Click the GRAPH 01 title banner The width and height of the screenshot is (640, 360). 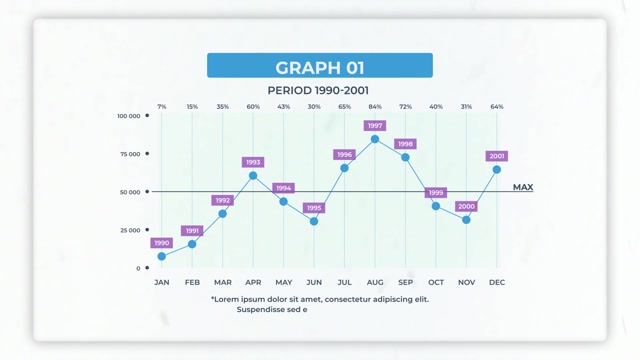(x=319, y=67)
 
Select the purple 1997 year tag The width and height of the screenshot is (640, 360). (x=375, y=126)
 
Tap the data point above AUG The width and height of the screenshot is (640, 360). (x=375, y=139)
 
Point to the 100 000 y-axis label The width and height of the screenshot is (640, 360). (x=128, y=116)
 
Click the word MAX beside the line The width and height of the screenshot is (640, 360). (x=522, y=187)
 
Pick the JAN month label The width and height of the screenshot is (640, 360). (x=162, y=282)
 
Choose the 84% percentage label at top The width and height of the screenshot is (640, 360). (x=375, y=106)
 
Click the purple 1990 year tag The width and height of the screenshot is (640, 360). (x=162, y=243)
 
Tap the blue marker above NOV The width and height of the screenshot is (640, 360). (x=466, y=219)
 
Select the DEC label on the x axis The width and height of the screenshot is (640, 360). (x=497, y=282)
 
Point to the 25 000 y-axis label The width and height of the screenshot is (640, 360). (x=130, y=230)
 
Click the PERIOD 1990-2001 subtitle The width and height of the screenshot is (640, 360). (x=319, y=90)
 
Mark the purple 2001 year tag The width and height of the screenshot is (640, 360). (x=497, y=156)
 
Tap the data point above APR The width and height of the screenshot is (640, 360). (x=253, y=175)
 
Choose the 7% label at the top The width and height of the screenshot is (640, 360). (x=162, y=106)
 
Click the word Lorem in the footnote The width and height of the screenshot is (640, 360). (x=227, y=298)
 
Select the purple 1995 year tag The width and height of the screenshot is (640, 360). (x=314, y=208)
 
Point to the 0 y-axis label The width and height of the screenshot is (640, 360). (x=139, y=268)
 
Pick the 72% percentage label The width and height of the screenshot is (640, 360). (x=405, y=106)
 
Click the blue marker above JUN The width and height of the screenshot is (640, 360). (x=314, y=221)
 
